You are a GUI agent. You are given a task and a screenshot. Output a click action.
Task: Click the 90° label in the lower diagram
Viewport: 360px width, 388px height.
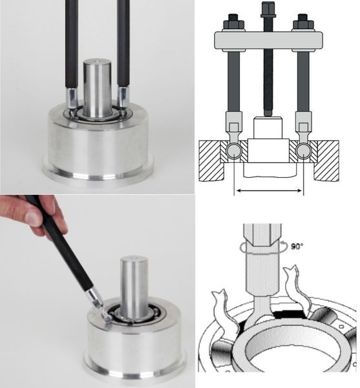(x=297, y=246)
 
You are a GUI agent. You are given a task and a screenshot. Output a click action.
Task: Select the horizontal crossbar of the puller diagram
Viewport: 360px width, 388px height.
(x=268, y=39)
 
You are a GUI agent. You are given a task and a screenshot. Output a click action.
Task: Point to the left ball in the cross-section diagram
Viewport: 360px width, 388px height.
(x=234, y=151)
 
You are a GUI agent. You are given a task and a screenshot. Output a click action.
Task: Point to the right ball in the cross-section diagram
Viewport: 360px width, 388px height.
(x=303, y=151)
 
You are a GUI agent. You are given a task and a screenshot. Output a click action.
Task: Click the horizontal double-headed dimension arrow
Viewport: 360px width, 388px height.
(x=269, y=191)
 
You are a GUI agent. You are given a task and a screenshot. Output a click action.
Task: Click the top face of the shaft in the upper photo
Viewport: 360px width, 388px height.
(x=96, y=61)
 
